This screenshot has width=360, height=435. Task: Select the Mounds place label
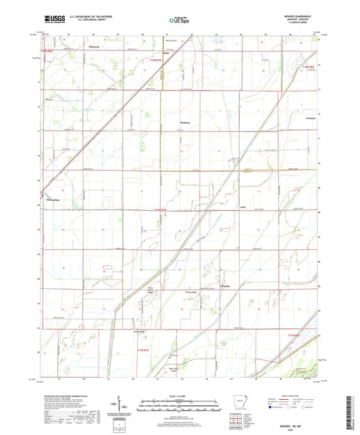pyautogui.click(x=245, y=286)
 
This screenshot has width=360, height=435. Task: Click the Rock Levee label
pyautogui.click(x=174, y=368)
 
